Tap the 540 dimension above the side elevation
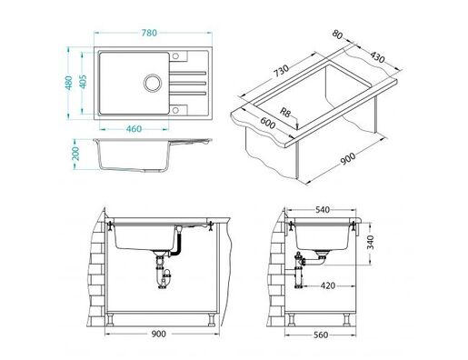click(x=322, y=211)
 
